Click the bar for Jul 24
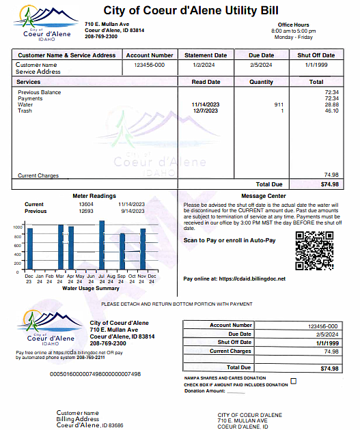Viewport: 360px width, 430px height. [102, 245]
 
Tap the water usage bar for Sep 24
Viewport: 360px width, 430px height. [122, 252]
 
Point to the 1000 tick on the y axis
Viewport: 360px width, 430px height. [18, 227]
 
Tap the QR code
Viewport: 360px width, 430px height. [314, 251]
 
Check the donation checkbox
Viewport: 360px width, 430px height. [294, 380]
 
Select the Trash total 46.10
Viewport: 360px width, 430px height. [332, 111]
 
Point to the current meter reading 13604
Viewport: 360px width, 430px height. [86, 204]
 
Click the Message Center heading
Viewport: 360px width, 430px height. [264, 196]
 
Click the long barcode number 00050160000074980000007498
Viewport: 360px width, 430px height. [96, 374]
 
